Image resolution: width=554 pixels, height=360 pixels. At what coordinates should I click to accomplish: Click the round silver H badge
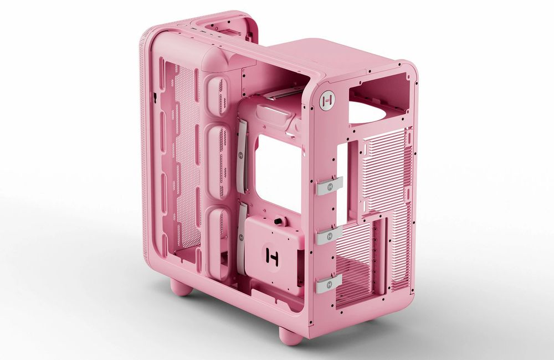pyautogui.click(x=327, y=101)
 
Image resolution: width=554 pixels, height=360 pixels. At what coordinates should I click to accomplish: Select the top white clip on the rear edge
pyautogui.click(x=329, y=186)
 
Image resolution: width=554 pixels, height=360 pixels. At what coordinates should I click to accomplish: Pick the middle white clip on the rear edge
pyautogui.click(x=329, y=235)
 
